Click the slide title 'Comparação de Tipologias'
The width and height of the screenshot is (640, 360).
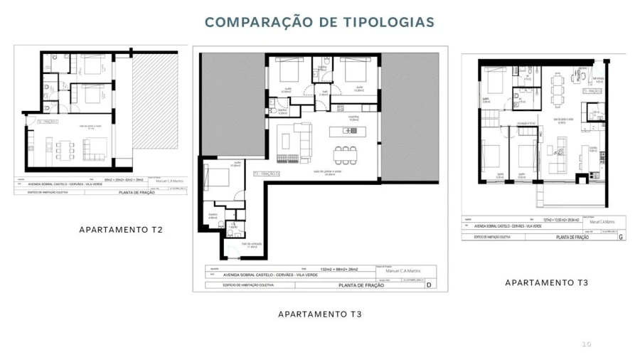(319, 22)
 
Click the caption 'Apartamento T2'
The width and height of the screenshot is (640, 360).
(121, 230)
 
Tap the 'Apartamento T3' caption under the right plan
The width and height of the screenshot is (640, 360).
(546, 282)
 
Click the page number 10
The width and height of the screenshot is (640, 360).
(586, 344)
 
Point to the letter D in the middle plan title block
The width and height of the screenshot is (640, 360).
(429, 285)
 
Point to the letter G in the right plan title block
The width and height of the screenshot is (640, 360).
(622, 236)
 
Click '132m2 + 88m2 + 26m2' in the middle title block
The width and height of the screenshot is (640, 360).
(343, 269)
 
